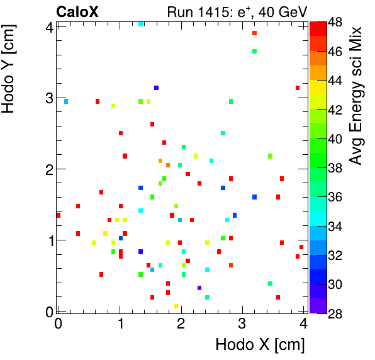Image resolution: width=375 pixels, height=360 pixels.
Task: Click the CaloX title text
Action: click(x=78, y=11)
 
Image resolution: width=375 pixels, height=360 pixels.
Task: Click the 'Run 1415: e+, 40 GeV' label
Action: click(x=237, y=11)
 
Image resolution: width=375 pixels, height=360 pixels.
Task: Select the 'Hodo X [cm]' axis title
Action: click(x=260, y=345)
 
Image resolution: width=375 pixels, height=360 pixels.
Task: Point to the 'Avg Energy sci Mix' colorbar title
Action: click(x=356, y=95)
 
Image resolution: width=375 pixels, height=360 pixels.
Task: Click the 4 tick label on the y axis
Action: click(x=49, y=27)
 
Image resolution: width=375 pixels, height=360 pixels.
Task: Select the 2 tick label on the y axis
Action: click(x=49, y=169)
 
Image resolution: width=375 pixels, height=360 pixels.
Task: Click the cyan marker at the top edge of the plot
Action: click(x=141, y=24)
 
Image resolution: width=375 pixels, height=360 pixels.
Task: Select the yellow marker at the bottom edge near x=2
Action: click(x=176, y=307)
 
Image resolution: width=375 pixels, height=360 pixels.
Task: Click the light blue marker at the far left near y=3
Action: click(x=65, y=101)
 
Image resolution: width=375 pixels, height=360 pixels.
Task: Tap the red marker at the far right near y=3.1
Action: click(x=297, y=88)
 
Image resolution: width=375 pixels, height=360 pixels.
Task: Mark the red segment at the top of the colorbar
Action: click(x=317, y=27)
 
